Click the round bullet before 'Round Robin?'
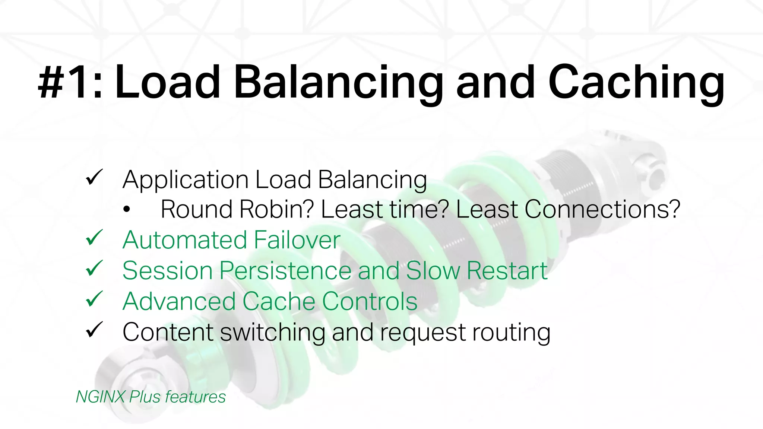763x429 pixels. (127, 210)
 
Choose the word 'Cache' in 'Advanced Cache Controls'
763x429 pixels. (279, 301)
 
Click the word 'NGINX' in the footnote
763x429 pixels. (100, 397)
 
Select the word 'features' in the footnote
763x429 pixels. (195, 397)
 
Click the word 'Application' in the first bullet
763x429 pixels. (185, 180)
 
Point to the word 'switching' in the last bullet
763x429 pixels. (272, 332)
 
